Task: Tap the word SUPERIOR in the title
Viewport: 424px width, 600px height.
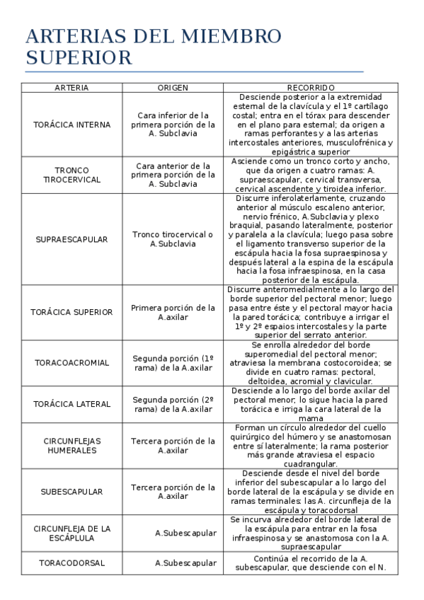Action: click(79, 57)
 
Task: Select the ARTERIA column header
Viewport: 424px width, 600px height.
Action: click(71, 88)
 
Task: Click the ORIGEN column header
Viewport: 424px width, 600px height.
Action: click(173, 88)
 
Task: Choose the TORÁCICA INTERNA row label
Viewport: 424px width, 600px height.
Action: click(71, 125)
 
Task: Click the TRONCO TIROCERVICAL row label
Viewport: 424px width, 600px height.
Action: click(71, 175)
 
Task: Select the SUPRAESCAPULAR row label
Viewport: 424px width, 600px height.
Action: click(71, 239)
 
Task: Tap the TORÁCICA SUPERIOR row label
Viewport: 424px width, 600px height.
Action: click(71, 312)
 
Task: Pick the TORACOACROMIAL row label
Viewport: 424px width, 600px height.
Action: click(71, 363)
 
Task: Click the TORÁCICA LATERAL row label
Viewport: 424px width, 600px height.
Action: click(71, 404)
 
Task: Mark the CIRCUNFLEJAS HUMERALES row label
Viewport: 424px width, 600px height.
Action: click(71, 445)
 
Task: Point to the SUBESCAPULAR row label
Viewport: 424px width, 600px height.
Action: click(71, 491)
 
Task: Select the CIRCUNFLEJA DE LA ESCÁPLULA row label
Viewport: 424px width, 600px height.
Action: click(71, 533)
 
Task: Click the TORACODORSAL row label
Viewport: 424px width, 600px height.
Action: click(71, 563)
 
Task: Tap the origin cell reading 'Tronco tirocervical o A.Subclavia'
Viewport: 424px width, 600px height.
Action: click(173, 239)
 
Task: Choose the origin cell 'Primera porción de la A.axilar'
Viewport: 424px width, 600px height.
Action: click(173, 312)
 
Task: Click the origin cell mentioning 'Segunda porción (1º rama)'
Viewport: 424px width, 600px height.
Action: click(173, 363)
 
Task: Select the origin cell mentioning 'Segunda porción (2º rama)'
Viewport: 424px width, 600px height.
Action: click(173, 404)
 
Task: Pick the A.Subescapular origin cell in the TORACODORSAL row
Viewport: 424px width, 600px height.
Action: click(185, 563)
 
